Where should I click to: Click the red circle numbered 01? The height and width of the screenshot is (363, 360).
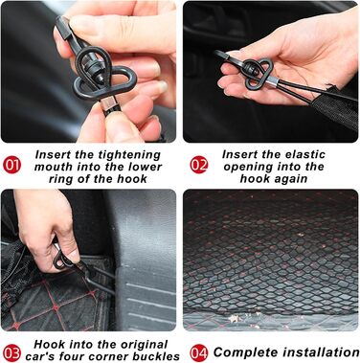click(11, 165)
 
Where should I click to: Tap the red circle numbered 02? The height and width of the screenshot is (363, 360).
click(199, 165)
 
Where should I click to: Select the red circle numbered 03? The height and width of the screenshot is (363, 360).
click(11, 353)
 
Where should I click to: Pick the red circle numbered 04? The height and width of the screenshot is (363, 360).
click(199, 353)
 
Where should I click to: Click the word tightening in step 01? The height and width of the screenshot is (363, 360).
click(129, 155)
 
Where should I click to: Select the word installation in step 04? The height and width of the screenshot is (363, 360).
click(320, 352)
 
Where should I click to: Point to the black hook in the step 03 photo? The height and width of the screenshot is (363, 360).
click(64, 260)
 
